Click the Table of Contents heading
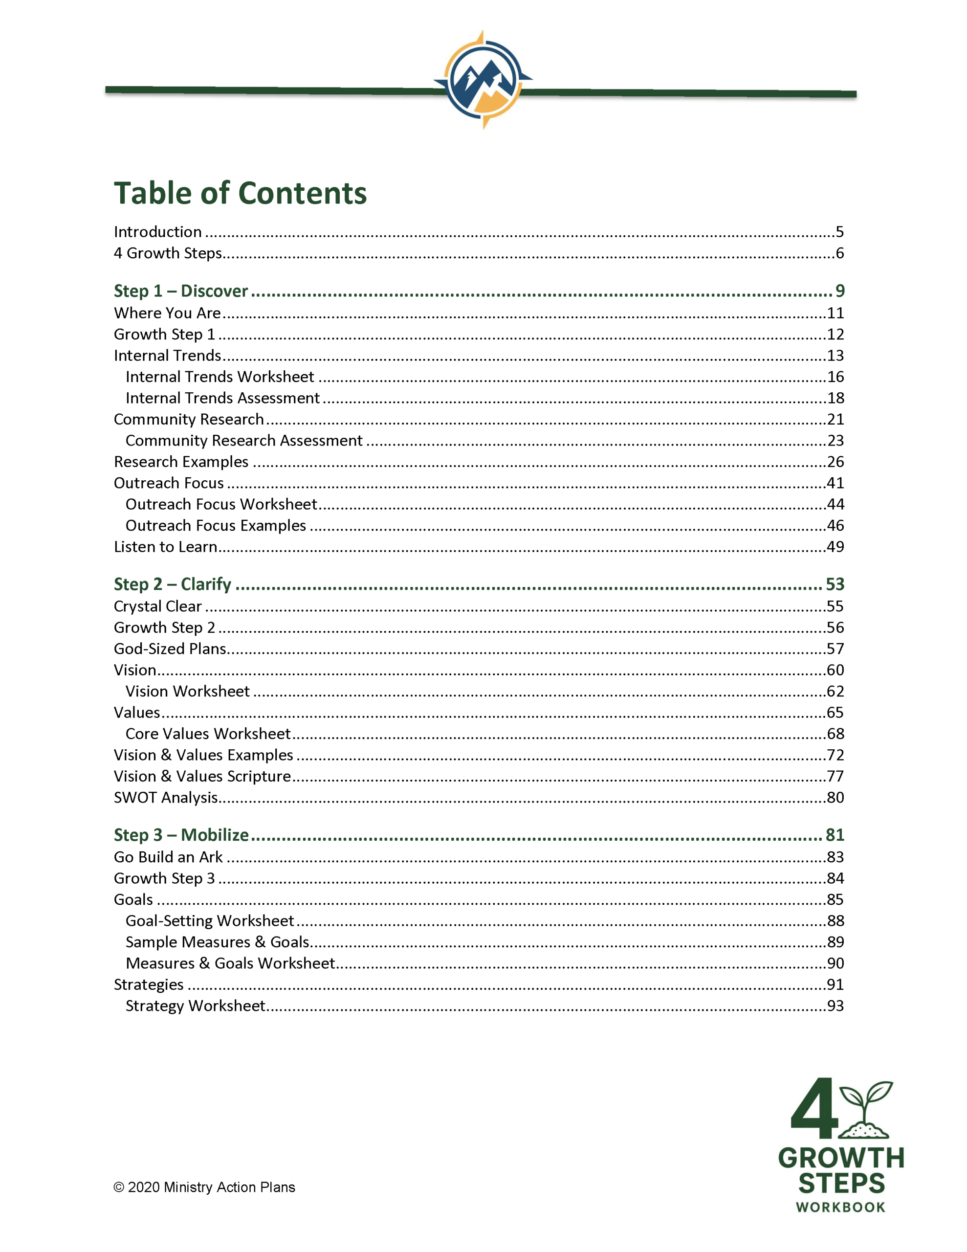(240, 193)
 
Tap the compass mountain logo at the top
(483, 79)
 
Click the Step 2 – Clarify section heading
(172, 584)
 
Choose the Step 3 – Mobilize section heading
(181, 835)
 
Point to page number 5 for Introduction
(839, 232)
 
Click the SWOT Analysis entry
(166, 797)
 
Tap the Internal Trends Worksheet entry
(220, 377)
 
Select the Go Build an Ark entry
(168, 857)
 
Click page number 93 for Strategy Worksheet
(835, 1006)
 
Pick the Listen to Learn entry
(165, 547)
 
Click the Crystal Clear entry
(157, 606)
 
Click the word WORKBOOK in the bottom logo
(840, 1208)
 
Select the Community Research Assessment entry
(243, 440)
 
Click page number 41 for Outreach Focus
(835, 483)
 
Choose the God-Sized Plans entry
(170, 649)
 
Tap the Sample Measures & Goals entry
(217, 942)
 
